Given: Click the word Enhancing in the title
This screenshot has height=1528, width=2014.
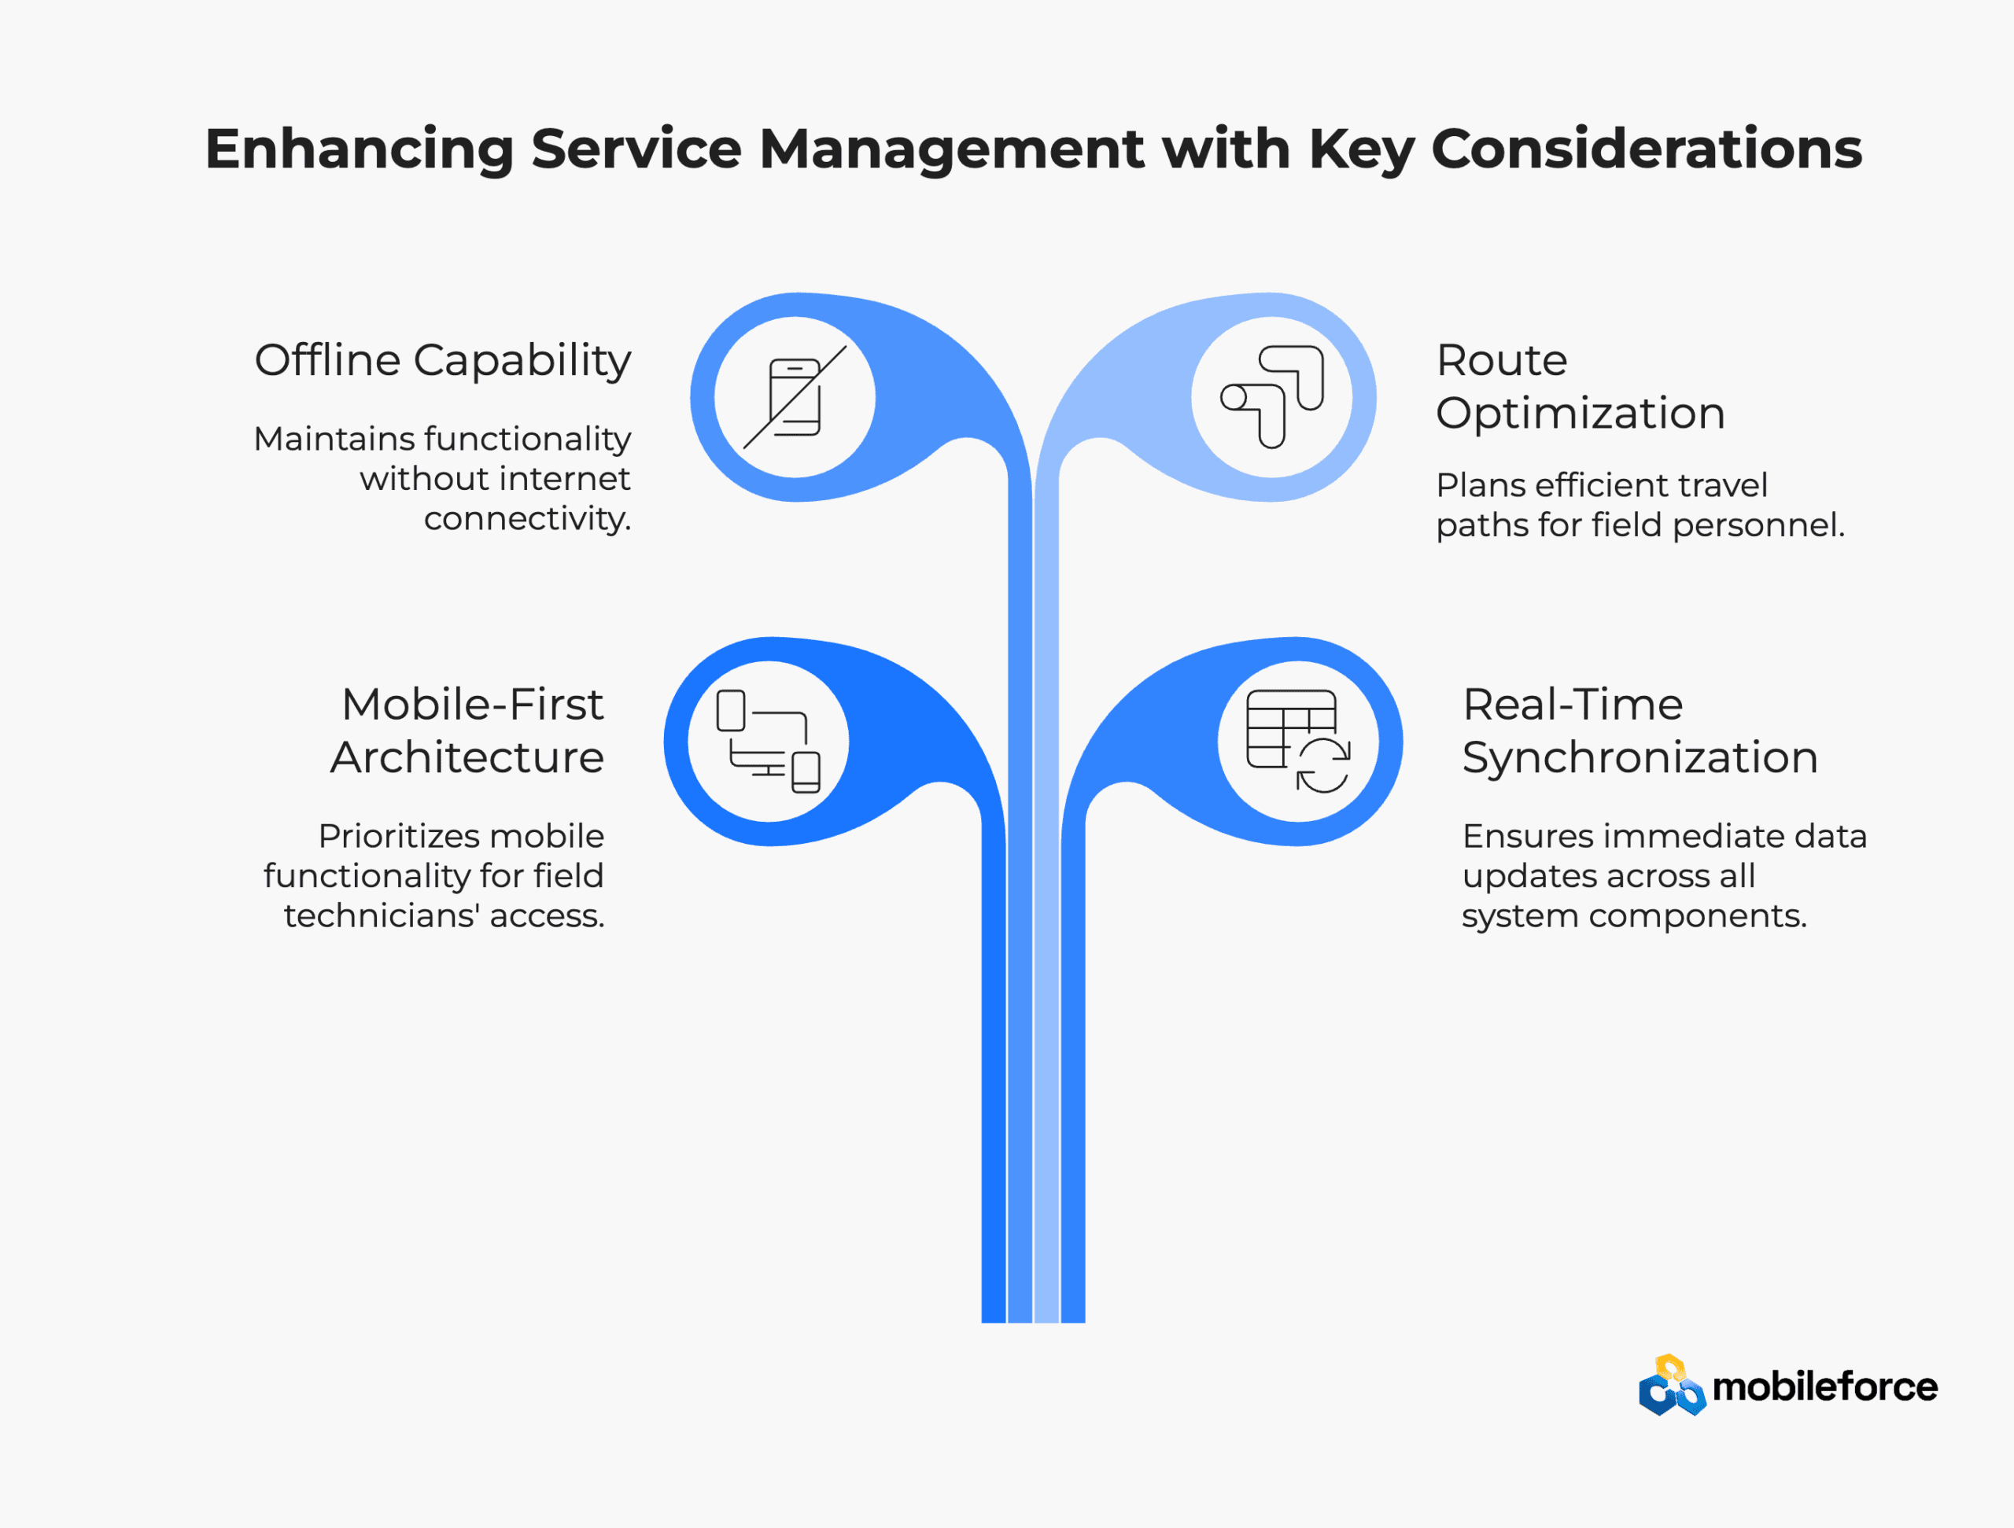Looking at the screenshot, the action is [360, 149].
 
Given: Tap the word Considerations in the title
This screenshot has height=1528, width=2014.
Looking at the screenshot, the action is [1646, 149].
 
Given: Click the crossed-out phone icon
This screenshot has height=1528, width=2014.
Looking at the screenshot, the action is [795, 397].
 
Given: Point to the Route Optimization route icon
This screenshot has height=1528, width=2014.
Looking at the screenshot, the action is [1272, 397].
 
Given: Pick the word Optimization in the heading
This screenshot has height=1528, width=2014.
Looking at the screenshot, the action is [1581, 414].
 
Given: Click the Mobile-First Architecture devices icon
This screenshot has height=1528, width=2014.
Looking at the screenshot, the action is [769, 742].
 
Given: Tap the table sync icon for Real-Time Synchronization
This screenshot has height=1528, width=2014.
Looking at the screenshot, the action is [1298, 742].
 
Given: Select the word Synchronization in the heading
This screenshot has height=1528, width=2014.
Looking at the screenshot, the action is [1640, 758].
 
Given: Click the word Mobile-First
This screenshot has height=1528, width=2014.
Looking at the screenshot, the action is [473, 705].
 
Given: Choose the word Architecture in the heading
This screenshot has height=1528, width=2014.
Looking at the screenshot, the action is [467, 757].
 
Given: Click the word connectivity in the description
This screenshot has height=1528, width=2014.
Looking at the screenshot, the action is [527, 519].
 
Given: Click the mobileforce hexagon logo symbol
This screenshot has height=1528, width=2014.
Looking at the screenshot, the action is [1672, 1385].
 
